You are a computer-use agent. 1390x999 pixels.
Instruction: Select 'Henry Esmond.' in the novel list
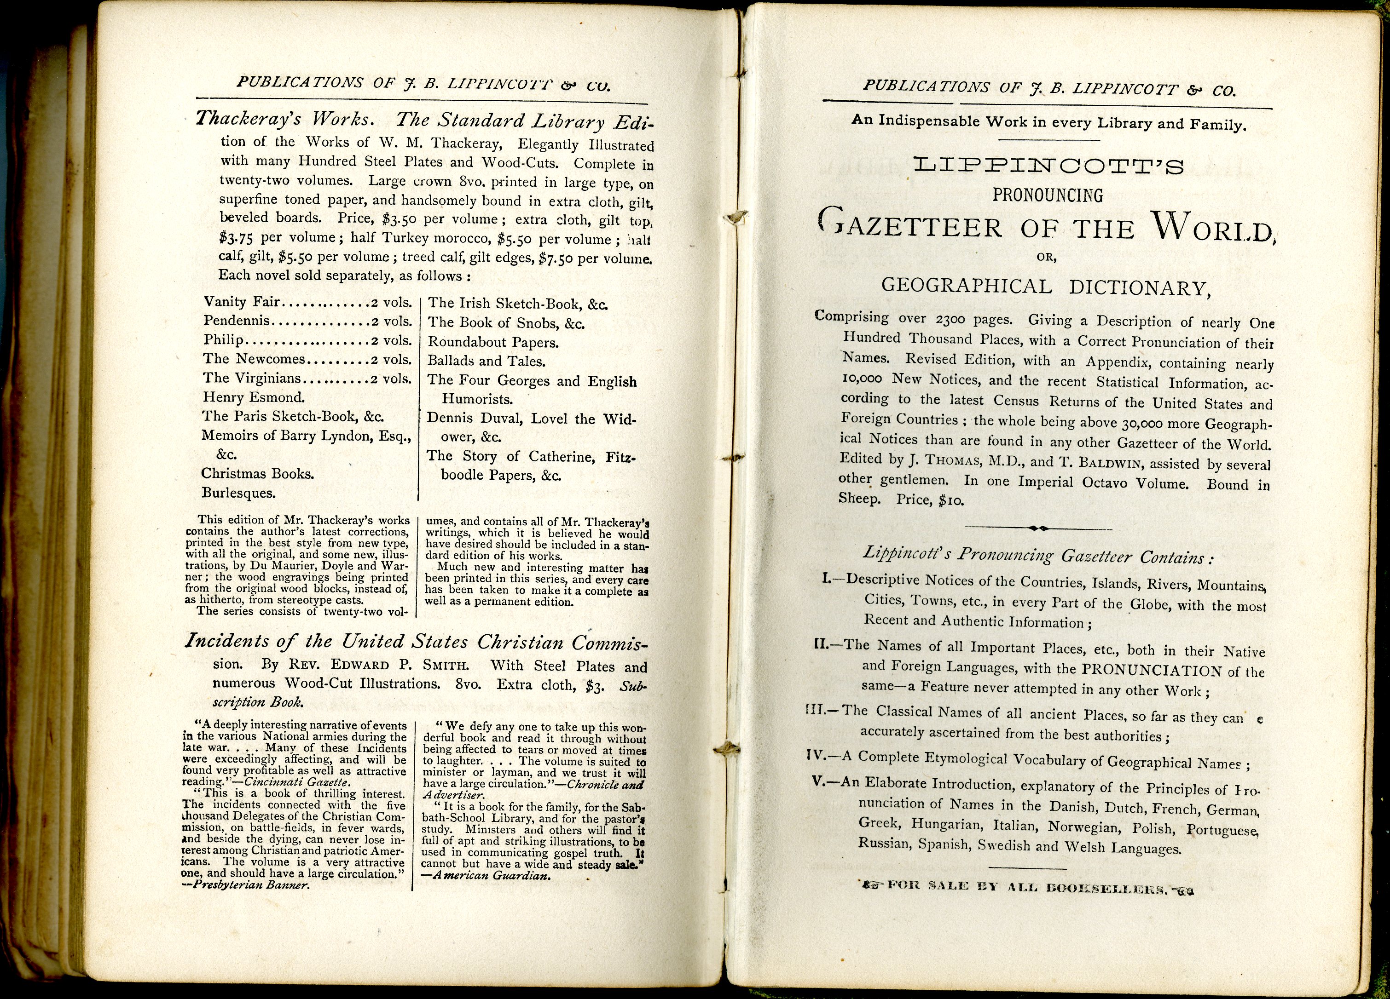click(253, 397)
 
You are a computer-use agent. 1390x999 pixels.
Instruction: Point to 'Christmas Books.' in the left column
click(257, 473)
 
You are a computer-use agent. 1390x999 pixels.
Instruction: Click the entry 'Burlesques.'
click(238, 493)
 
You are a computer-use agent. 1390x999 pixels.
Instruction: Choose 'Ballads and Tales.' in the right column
click(486, 362)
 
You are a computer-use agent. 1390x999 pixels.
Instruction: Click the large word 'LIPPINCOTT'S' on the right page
click(1048, 166)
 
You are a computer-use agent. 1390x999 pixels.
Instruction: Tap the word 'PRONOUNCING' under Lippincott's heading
click(1048, 195)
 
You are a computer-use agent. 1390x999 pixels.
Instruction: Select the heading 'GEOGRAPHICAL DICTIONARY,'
click(1046, 287)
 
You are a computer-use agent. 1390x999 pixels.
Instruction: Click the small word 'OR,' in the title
click(1046, 257)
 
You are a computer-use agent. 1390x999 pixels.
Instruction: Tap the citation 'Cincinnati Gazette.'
click(297, 782)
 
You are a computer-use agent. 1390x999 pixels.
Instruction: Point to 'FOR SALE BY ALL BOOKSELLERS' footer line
click(1027, 887)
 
